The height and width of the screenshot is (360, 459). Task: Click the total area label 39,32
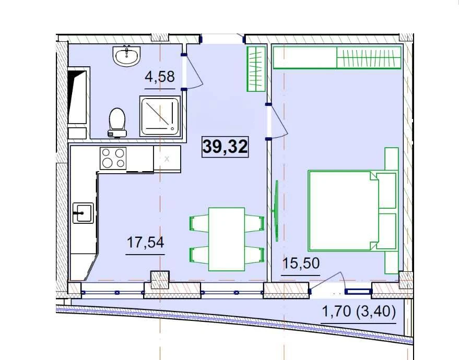coord(225,147)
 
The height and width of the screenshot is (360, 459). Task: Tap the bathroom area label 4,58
coord(160,77)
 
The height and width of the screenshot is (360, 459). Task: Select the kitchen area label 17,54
coord(145,243)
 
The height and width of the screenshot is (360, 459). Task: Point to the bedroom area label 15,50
coord(301,263)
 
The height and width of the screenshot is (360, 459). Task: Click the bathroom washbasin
coord(126,55)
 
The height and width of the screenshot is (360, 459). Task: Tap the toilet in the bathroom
coord(117,123)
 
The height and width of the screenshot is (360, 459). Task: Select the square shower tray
coord(160,116)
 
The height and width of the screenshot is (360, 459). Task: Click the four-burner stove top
coord(113,158)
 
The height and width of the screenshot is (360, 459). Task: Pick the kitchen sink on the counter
coord(83,213)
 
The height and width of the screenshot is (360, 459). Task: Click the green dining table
coord(227,239)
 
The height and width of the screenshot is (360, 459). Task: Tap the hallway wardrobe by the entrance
coord(256,69)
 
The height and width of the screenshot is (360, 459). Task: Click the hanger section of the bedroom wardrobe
coord(369,57)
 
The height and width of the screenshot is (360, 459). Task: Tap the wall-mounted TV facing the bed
coord(276,211)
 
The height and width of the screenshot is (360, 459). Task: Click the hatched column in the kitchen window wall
coord(160,280)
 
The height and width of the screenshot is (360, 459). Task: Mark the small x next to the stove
coord(167,159)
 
